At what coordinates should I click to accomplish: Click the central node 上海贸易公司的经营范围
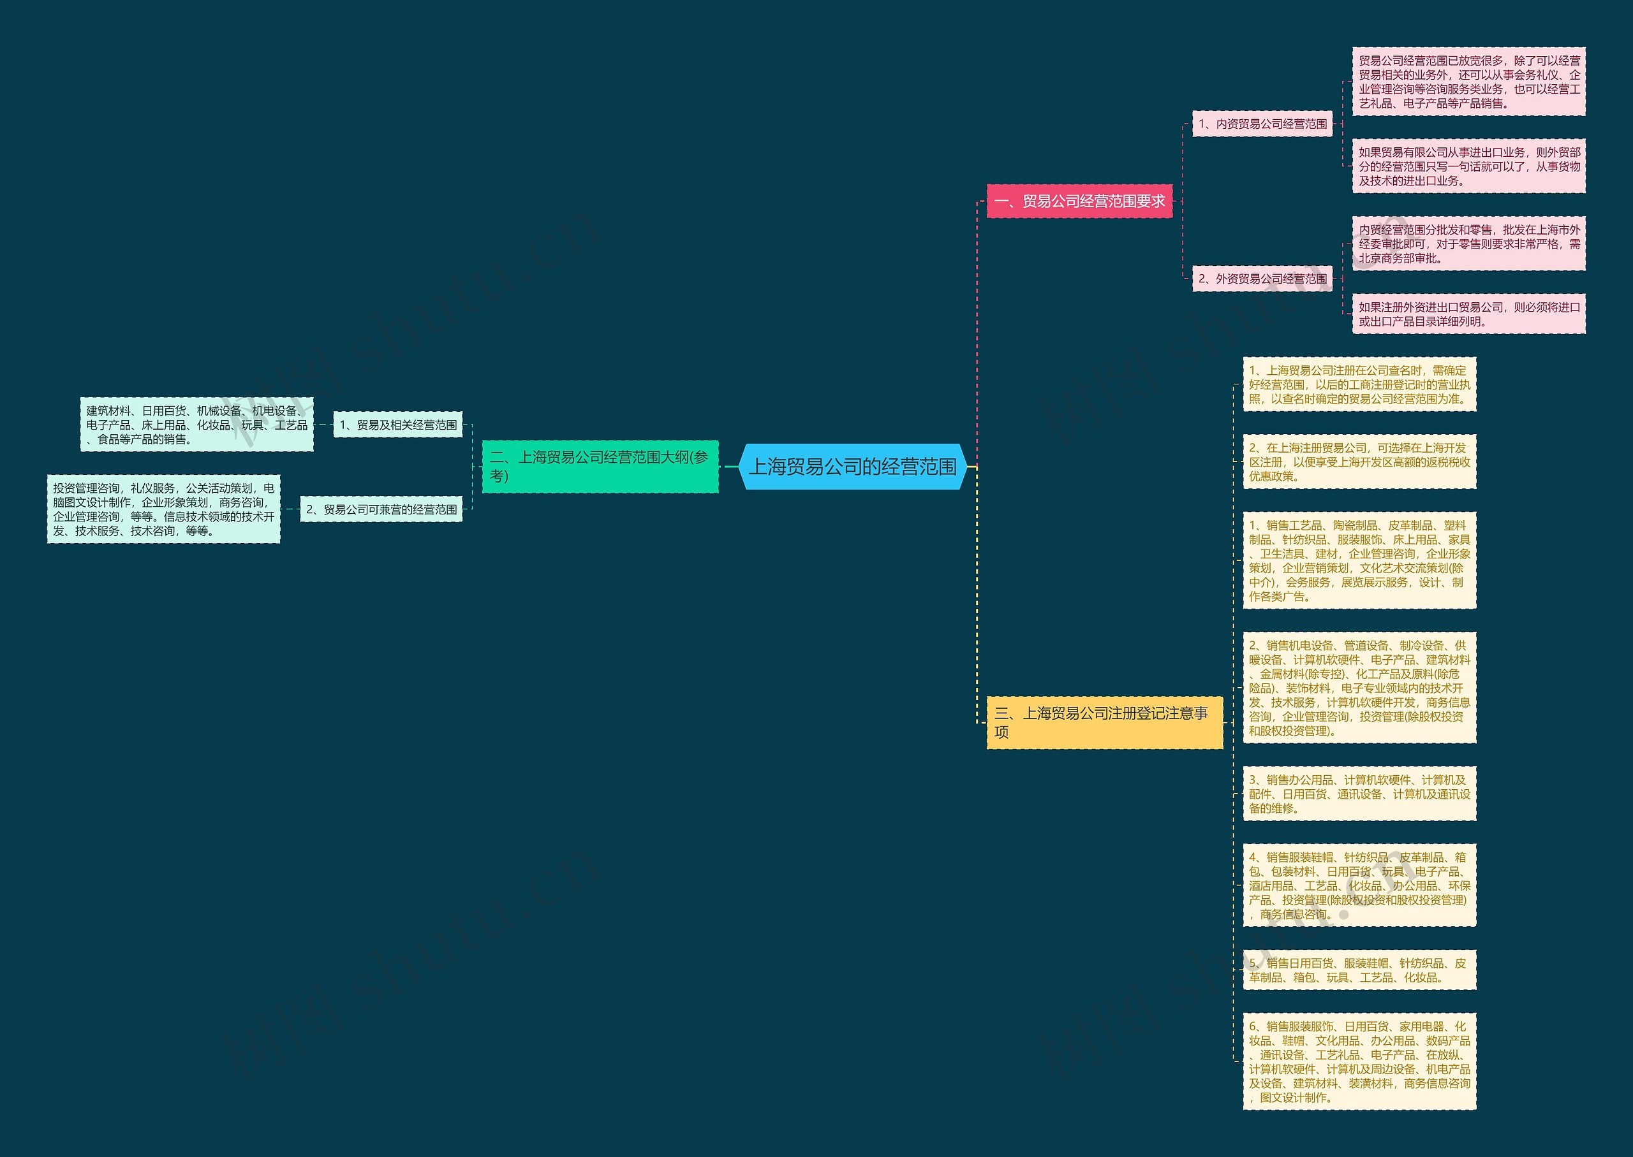(x=852, y=467)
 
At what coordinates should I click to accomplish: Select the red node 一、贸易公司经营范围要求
(x=1079, y=201)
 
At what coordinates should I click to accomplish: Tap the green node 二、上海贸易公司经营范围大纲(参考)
(x=600, y=467)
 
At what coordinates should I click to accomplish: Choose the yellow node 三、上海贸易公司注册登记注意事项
(x=1104, y=722)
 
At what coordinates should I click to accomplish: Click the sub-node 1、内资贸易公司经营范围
(x=1262, y=124)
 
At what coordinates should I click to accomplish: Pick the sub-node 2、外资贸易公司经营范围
(x=1262, y=279)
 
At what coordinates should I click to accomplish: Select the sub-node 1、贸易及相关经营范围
(x=398, y=425)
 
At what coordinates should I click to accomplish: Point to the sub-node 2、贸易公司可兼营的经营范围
(x=381, y=509)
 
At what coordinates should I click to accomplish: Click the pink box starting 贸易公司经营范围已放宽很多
(x=1468, y=82)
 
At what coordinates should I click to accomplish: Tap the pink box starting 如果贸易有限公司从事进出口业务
(x=1468, y=166)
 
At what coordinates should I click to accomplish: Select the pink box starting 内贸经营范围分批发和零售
(x=1468, y=244)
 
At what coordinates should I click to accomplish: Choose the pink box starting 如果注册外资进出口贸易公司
(x=1468, y=314)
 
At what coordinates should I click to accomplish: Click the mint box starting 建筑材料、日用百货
(x=196, y=425)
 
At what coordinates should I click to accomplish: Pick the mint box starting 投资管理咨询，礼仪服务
(x=163, y=509)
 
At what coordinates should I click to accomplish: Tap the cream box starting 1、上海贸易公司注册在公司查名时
(x=1359, y=385)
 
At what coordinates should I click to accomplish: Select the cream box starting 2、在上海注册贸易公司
(x=1359, y=462)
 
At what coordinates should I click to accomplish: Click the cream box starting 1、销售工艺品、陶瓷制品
(x=1359, y=561)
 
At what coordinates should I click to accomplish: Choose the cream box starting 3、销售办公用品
(x=1359, y=794)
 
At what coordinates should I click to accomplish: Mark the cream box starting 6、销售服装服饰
(x=1359, y=1061)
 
